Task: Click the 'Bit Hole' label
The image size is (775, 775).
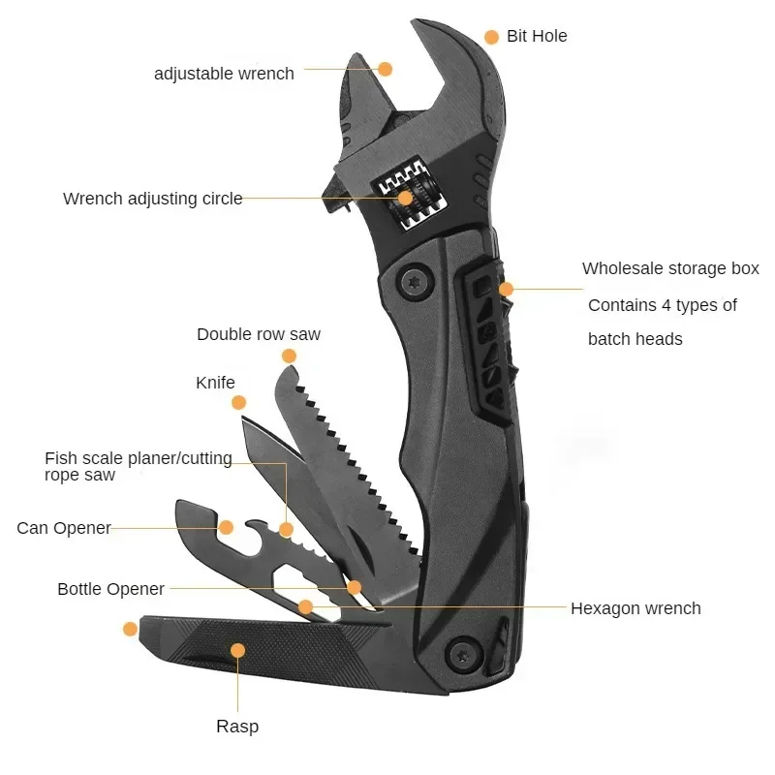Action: coord(537,37)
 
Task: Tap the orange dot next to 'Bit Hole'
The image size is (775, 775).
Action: coord(491,37)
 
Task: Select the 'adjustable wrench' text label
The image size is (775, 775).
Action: coord(224,74)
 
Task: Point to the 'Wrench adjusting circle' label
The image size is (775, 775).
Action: coord(152,199)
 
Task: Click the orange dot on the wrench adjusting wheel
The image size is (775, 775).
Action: coord(405,199)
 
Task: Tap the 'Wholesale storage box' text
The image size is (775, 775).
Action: coord(670,268)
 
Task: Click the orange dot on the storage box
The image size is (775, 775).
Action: coord(506,289)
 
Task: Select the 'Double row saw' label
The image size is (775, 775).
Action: coord(259,334)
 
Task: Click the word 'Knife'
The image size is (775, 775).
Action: coord(215,383)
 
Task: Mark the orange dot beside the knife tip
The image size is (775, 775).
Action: coord(239,402)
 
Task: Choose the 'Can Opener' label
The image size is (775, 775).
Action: coord(64,528)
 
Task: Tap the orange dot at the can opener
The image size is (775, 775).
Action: coord(226,527)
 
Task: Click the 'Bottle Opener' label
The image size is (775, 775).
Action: coord(110,589)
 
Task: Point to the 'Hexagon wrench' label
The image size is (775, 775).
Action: coord(635,608)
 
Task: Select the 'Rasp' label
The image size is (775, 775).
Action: coord(237,726)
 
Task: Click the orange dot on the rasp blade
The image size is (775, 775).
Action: coord(237,650)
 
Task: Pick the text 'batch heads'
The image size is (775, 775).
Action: coord(635,339)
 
